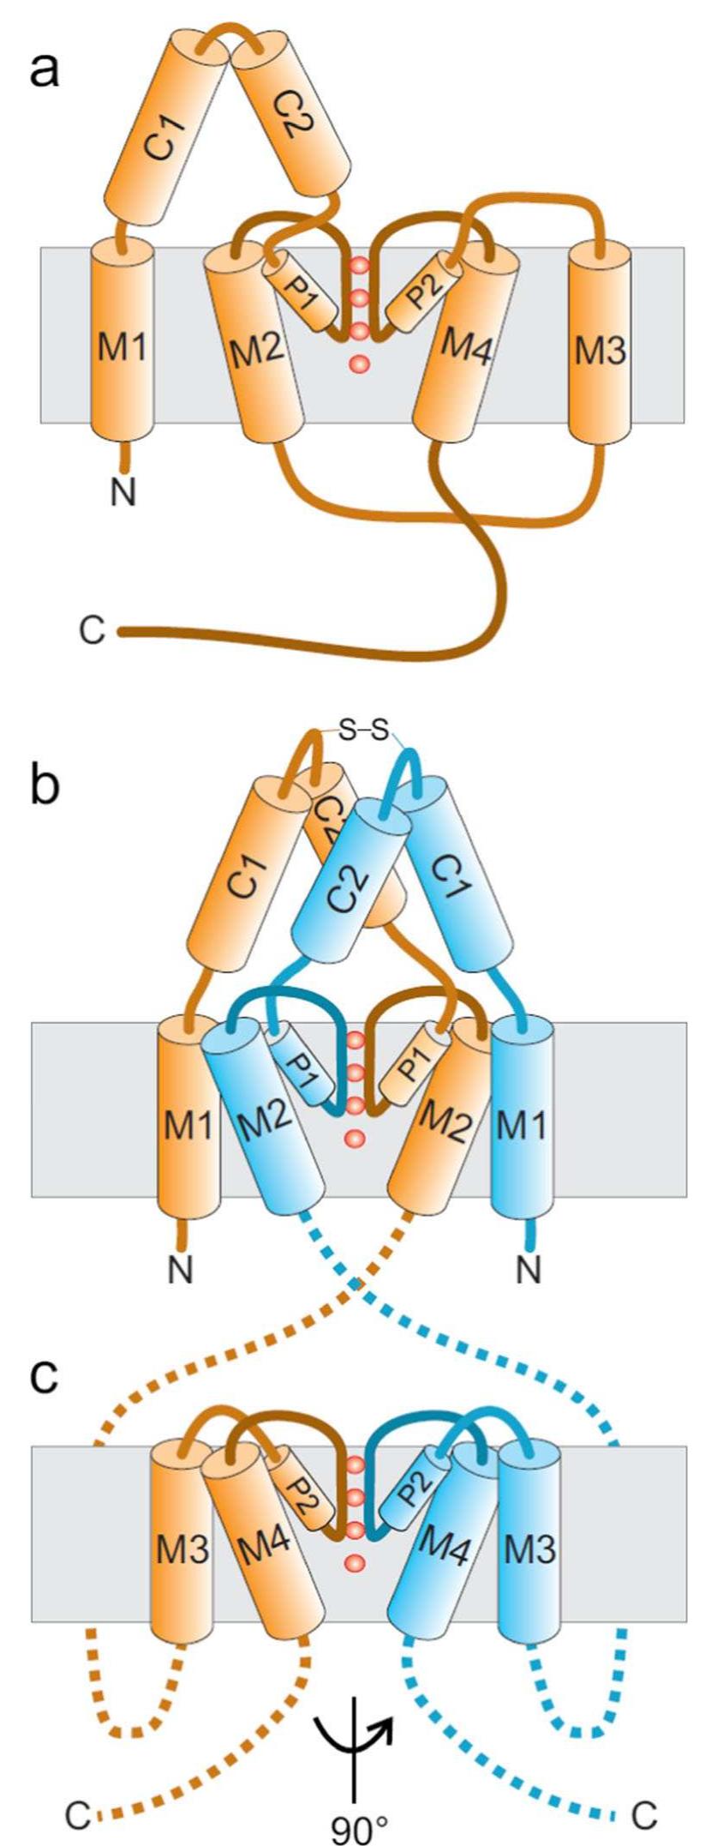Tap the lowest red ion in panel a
(x=359, y=364)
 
